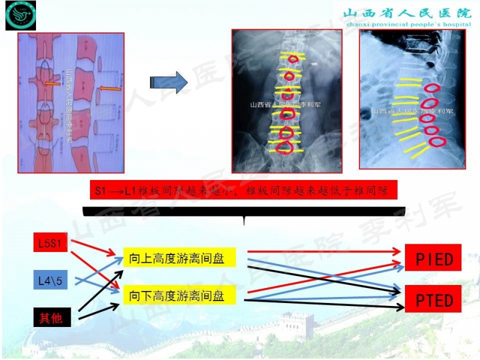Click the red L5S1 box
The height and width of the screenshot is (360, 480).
[x=50, y=244]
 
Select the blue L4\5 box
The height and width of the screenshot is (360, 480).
[x=50, y=279]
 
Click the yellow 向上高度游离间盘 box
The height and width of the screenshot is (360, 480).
[x=179, y=258]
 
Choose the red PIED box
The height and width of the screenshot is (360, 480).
[x=434, y=260]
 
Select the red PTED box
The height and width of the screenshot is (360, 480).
[x=434, y=299]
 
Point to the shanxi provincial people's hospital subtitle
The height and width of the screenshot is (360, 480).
[x=407, y=25]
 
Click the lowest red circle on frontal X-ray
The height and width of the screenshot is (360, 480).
[x=287, y=147]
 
